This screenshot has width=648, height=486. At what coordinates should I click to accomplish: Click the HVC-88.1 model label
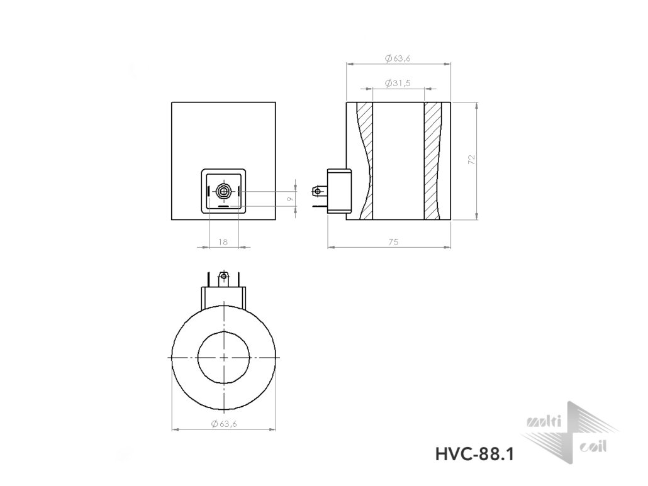coord(474,455)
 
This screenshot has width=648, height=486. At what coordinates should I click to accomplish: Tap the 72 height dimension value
coord(472,160)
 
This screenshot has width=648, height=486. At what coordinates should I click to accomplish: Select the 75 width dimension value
coord(393,242)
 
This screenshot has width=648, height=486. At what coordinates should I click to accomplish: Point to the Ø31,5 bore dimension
coord(398,83)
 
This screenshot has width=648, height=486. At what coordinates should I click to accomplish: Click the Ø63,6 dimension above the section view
coord(398,58)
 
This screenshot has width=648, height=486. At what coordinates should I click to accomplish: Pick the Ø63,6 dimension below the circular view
coord(223,424)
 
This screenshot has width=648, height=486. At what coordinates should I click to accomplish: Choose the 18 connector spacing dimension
coord(223,242)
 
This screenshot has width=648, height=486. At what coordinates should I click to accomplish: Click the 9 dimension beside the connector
coord(291,199)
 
